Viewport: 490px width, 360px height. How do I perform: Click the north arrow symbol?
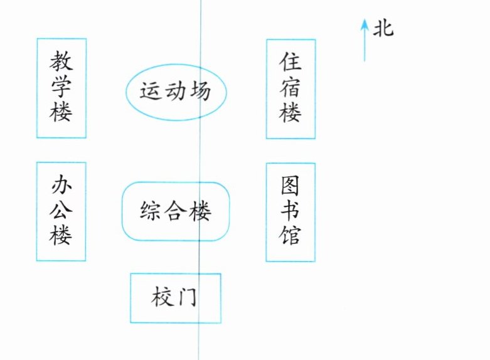pyautogui.click(x=364, y=39)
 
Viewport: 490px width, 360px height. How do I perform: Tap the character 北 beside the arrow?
pyautogui.click(x=383, y=29)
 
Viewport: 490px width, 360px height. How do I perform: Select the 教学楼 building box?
pyautogui.click(x=61, y=88)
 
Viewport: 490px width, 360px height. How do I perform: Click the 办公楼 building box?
pyautogui.click(x=61, y=211)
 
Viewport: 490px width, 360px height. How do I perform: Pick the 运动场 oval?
pyautogui.click(x=175, y=92)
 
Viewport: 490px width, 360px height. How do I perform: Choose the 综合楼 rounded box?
pyautogui.click(x=175, y=211)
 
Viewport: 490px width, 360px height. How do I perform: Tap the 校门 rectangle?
pyautogui.click(x=175, y=298)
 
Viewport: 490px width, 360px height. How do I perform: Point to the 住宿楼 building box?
pyautogui.click(x=290, y=88)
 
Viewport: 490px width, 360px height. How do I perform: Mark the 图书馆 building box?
pyautogui.click(x=290, y=212)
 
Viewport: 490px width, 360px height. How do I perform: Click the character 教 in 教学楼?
pyautogui.click(x=61, y=62)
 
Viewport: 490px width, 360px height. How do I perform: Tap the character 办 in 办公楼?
pyautogui.click(x=61, y=186)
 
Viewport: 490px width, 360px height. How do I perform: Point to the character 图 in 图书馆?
pyautogui.click(x=290, y=186)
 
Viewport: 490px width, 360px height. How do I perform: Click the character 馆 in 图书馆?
pyautogui.click(x=290, y=236)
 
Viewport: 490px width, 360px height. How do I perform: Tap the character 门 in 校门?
pyautogui.click(x=186, y=296)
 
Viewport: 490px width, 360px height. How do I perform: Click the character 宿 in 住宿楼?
pyautogui.click(x=290, y=88)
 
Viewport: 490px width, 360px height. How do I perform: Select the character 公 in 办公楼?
pyautogui.click(x=61, y=211)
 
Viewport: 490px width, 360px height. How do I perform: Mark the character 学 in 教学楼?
pyautogui.click(x=61, y=88)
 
